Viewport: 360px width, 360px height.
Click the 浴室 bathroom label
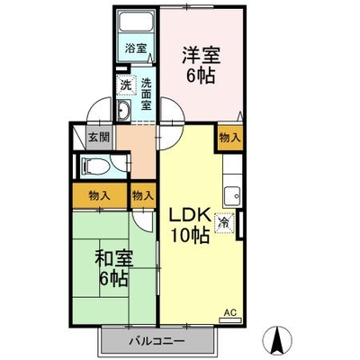(136, 48)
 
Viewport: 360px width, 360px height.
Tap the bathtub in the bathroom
(136, 22)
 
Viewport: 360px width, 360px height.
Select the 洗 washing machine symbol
(125, 85)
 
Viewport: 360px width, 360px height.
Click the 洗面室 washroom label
(146, 94)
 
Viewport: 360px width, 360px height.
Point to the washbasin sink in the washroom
(123, 110)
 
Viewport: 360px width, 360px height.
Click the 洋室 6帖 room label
(201, 65)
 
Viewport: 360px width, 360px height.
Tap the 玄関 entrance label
(99, 138)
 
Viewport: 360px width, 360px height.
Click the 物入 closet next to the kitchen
(229, 138)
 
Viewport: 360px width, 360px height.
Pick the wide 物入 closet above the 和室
(100, 195)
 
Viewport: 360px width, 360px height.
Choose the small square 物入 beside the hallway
(143, 195)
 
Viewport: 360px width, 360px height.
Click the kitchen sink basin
(232, 196)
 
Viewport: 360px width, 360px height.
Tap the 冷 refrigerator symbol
(224, 222)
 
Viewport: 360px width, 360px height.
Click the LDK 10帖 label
(189, 225)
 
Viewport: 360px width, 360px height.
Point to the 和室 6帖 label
(114, 268)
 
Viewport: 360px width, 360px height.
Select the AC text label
(230, 312)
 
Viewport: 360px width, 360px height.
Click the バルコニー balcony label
(157, 341)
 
